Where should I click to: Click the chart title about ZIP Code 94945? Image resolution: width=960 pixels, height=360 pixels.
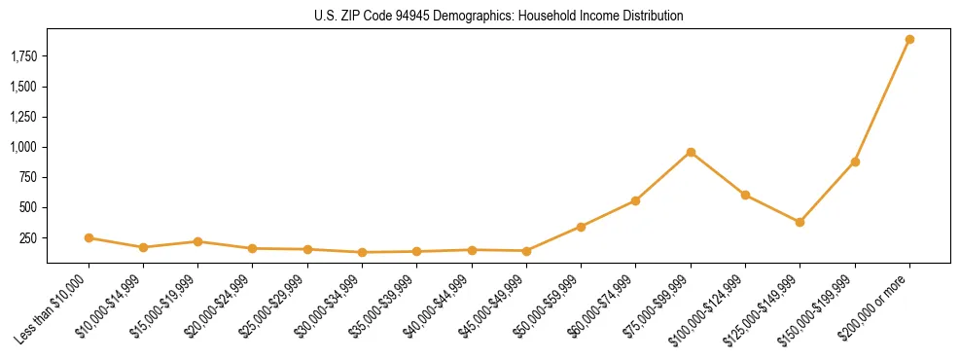[x=498, y=17]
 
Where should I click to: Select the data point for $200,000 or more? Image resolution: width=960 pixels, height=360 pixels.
[x=909, y=40]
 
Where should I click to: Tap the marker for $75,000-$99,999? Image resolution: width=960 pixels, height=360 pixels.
[x=691, y=152]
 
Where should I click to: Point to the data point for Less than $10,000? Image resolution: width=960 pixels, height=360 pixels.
[x=89, y=237]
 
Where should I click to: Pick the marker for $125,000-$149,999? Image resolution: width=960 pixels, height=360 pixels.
[x=800, y=222]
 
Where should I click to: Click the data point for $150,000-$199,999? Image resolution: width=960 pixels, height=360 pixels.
[x=855, y=162]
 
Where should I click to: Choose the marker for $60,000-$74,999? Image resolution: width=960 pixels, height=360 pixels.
[x=635, y=200]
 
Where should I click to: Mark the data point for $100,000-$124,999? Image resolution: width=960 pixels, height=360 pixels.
[x=745, y=195]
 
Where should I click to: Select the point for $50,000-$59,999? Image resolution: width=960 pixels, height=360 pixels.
[x=581, y=227]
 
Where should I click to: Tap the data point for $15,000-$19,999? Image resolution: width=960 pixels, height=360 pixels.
[x=197, y=241]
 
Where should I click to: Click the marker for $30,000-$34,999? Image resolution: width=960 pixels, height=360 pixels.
[x=362, y=252]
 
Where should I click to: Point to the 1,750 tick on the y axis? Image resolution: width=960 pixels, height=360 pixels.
[x=22, y=56]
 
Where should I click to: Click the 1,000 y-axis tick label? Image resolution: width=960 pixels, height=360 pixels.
[x=22, y=147]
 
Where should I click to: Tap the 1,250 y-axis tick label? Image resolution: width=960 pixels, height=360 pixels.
[x=22, y=117]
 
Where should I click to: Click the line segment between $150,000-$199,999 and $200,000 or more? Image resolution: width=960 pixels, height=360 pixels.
[x=882, y=101]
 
